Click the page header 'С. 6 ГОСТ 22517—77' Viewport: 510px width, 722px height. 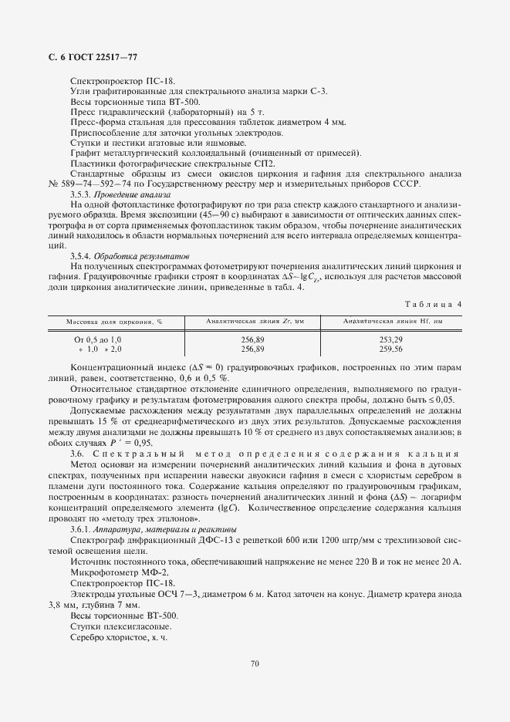pos(88,58)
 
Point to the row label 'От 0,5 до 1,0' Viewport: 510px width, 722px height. pos(98,339)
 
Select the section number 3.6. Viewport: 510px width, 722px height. pos(76,453)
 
